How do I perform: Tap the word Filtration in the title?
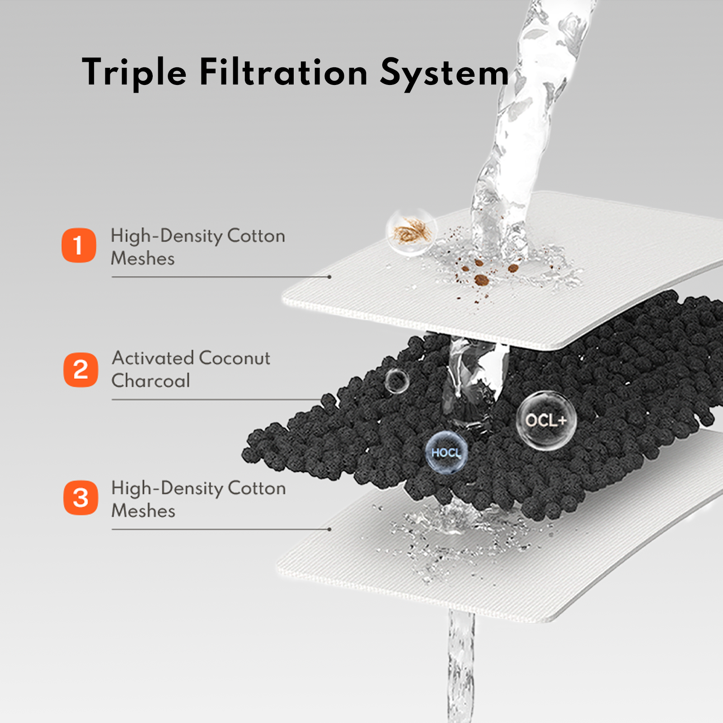tap(283, 72)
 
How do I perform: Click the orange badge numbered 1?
tap(79, 245)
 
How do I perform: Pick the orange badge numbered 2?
tap(80, 370)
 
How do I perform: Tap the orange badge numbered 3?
tap(80, 498)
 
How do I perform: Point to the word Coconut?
tap(235, 358)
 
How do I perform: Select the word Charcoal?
tap(151, 380)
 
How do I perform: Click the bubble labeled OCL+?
tap(546, 420)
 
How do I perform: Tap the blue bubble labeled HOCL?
tap(446, 452)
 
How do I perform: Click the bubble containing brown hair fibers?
tap(411, 232)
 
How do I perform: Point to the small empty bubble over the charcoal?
tap(397, 381)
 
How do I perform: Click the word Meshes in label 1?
tap(143, 258)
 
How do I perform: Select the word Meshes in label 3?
tap(143, 511)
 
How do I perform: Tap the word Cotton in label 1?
tap(256, 236)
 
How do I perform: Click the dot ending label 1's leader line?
tap(329, 277)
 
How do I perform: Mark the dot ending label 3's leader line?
tap(329, 529)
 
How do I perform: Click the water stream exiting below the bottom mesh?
tap(461, 667)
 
